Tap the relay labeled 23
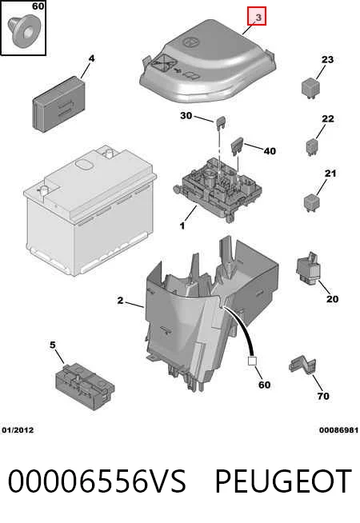point(310,88)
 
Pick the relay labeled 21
point(312,202)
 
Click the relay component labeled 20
point(309,269)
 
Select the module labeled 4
point(58,104)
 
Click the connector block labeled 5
point(85,386)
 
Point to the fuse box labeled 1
point(218,190)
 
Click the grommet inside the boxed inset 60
point(24,30)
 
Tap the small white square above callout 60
point(251,361)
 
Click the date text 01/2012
point(18,430)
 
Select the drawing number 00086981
point(338,430)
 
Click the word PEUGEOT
point(283,481)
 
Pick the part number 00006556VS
point(97,481)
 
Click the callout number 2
point(120,301)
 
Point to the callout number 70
point(323,396)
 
